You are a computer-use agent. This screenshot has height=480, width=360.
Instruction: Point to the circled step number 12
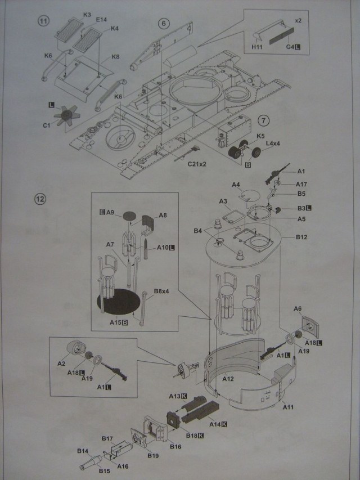tap(40, 199)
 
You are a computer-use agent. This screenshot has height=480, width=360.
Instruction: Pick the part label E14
tap(101, 20)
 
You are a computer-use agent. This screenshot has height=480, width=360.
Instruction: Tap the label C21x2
tap(197, 164)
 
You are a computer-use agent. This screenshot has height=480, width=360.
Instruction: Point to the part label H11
tap(256, 48)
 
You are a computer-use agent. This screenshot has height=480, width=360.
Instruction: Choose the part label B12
tap(301, 237)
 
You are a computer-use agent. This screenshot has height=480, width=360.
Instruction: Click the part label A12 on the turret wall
tap(228, 379)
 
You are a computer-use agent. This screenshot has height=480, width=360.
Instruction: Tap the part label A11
tap(287, 406)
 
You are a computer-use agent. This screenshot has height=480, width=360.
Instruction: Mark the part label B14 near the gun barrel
tap(83, 451)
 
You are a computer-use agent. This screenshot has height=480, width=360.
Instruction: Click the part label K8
tap(115, 57)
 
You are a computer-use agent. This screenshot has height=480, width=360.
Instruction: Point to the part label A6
tap(298, 308)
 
